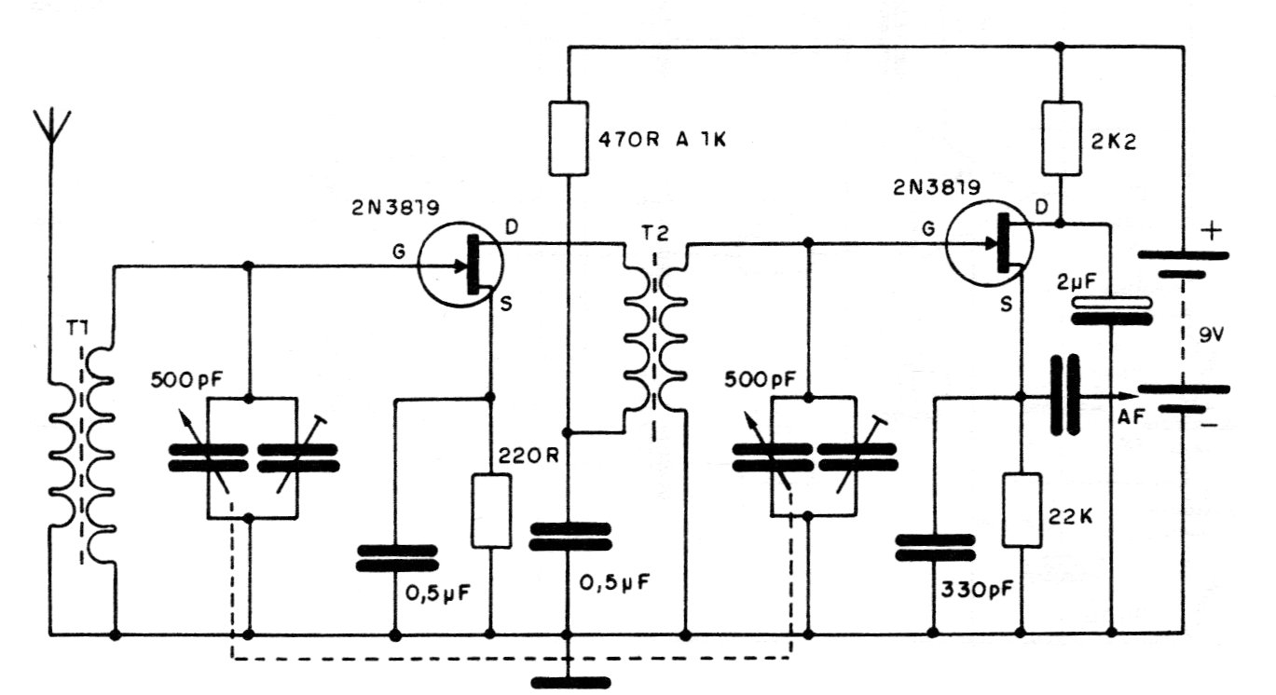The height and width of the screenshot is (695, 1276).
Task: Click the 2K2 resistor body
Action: (x=1061, y=138)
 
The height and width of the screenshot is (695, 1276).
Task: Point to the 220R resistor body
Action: (x=491, y=511)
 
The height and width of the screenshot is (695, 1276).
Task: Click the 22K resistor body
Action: (x=1022, y=510)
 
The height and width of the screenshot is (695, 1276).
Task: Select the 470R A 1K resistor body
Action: (x=569, y=138)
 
